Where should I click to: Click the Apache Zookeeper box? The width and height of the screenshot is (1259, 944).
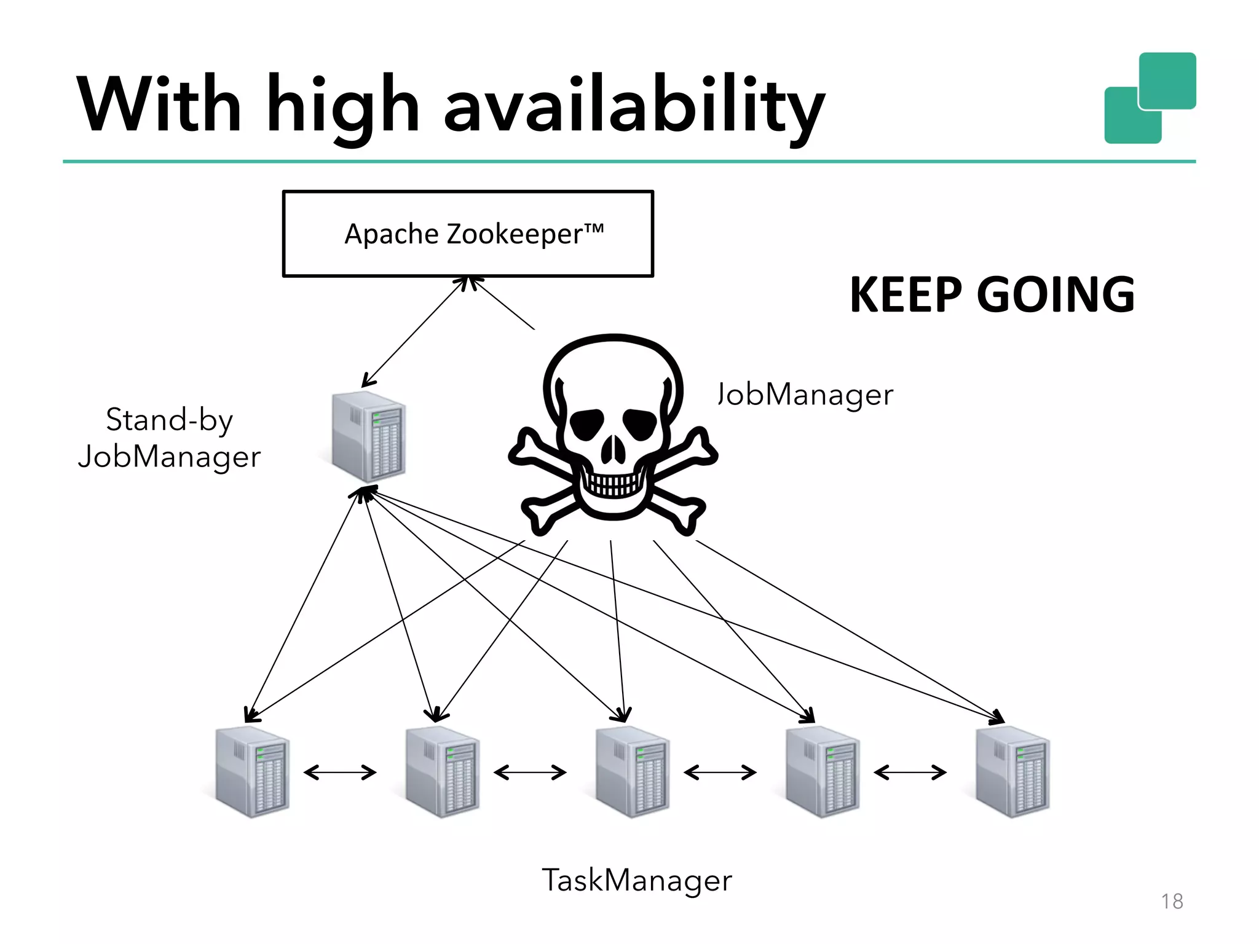point(468,234)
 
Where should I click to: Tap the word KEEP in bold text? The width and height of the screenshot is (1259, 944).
point(905,295)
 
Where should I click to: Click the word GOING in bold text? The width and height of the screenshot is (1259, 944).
point(1055,295)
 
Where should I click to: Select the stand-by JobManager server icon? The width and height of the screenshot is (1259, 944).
point(368,437)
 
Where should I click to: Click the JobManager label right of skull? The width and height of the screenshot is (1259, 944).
point(805,395)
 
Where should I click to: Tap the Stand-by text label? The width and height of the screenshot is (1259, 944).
point(170,420)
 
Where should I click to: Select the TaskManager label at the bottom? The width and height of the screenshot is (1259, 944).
point(637,880)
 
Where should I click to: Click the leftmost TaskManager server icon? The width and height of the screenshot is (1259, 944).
point(253,772)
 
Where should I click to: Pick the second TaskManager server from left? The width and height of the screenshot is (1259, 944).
point(443,772)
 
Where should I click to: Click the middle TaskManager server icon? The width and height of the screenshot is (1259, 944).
point(633,772)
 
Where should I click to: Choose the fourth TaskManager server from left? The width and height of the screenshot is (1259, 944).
point(823,772)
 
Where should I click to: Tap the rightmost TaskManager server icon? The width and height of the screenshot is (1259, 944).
point(1012,772)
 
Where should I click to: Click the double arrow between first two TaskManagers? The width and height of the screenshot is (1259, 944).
point(340,773)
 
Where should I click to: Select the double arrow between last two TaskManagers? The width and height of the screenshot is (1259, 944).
point(910,773)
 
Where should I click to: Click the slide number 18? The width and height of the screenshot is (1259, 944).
point(1172,902)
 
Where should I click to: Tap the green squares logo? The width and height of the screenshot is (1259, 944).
point(1150,98)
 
